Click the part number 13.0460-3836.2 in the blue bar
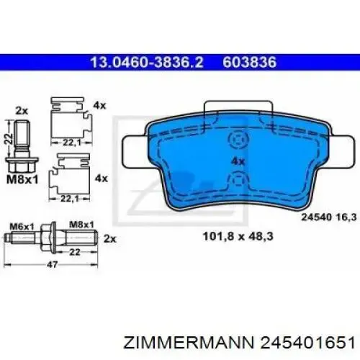tap(147, 63)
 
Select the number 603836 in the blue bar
tap(250, 63)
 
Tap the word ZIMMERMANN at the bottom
tap(189, 343)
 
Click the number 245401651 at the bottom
tap(307, 343)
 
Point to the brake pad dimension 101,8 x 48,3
tap(238, 236)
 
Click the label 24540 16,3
tap(329, 217)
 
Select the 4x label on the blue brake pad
tap(238, 161)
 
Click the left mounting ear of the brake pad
tap(135, 152)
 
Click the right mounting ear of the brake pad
tap(341, 152)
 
